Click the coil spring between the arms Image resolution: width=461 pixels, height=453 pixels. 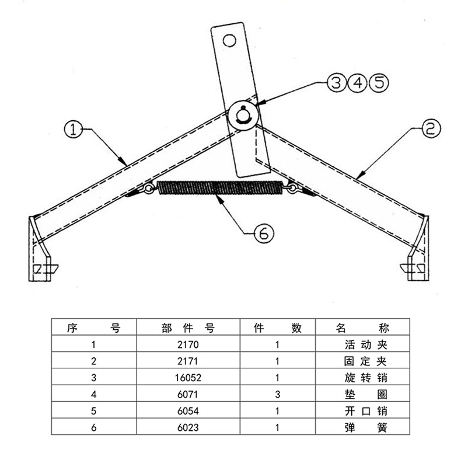point(220,189)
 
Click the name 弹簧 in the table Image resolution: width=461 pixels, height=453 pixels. point(362,428)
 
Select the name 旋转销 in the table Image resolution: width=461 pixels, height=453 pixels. point(362,378)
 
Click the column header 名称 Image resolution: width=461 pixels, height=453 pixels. point(362,327)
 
